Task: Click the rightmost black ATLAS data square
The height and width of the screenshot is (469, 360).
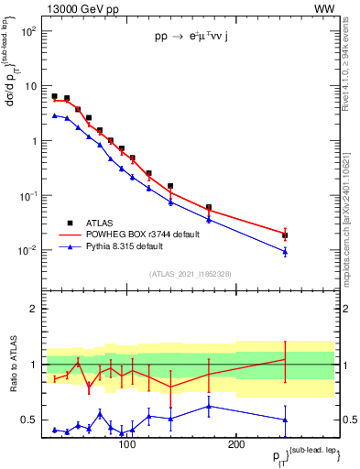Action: point(285,235)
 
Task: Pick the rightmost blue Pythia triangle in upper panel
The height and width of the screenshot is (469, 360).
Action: point(285,251)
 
